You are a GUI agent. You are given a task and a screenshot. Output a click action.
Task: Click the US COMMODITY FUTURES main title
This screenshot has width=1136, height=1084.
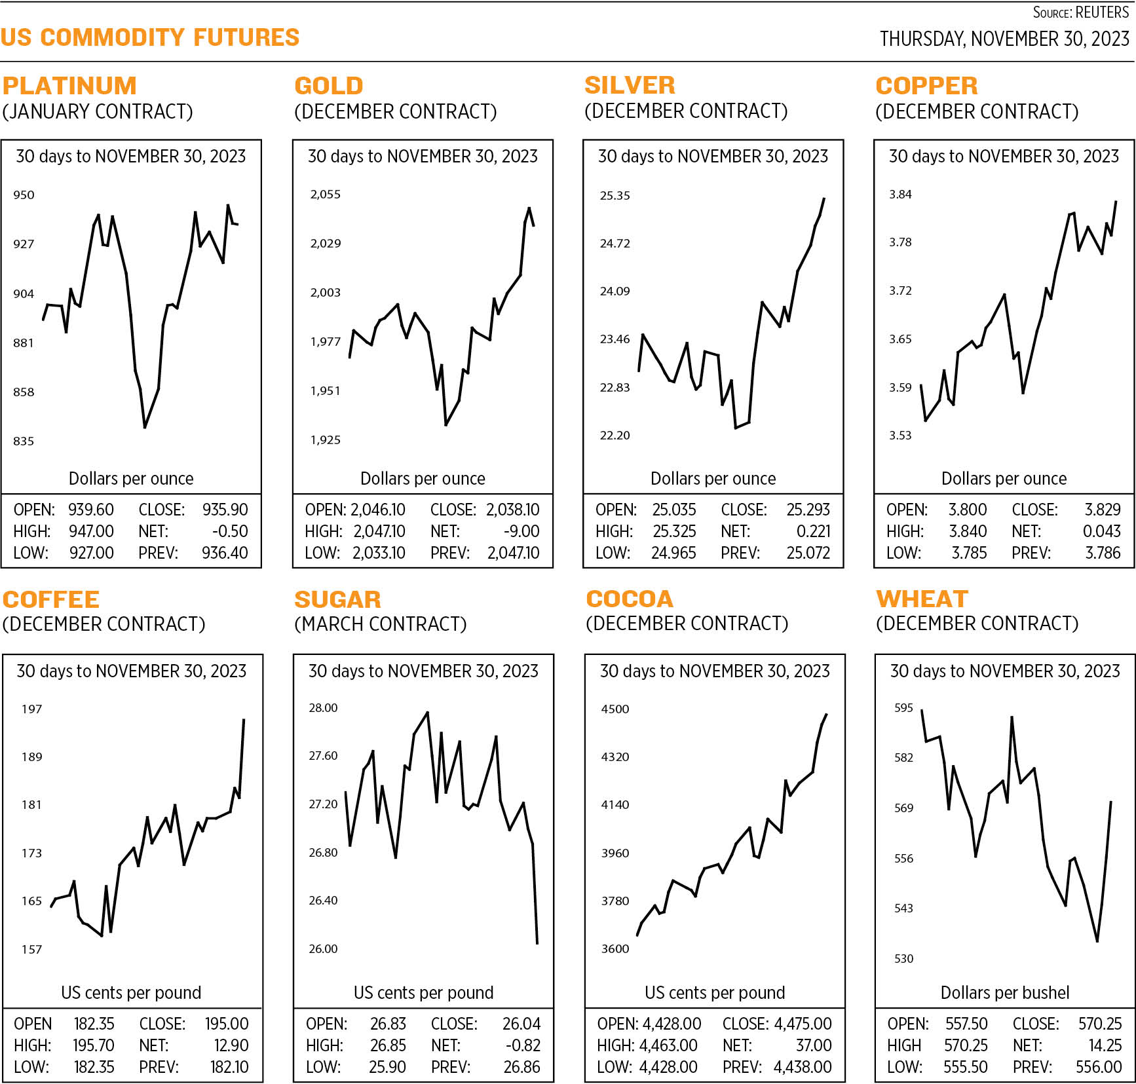pos(150,37)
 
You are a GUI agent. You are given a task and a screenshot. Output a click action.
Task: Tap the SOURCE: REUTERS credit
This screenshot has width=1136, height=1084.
pos(1080,12)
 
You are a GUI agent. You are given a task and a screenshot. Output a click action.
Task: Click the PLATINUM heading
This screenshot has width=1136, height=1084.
pos(69,86)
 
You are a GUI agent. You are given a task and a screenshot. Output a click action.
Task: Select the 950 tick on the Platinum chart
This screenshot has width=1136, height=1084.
pos(24,195)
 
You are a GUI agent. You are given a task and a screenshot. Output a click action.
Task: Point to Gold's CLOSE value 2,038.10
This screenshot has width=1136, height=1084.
pos(512,510)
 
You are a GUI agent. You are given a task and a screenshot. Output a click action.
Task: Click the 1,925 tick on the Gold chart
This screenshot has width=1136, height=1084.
pos(325,439)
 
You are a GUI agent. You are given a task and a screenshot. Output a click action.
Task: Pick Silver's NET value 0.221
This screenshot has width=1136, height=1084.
pos(813,531)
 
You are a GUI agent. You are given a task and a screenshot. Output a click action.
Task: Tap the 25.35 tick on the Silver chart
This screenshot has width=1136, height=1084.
pos(615,195)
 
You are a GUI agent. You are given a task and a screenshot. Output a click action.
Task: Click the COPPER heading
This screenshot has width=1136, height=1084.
pos(926,86)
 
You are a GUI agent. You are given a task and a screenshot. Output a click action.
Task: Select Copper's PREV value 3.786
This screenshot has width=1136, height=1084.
pos(1103,553)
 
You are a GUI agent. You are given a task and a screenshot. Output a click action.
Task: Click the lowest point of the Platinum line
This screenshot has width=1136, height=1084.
pos(145,427)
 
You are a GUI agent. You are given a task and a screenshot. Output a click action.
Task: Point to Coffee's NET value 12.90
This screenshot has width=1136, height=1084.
pos(231,1045)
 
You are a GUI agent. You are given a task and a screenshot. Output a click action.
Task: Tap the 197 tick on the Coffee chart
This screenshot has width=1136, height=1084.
pos(31,709)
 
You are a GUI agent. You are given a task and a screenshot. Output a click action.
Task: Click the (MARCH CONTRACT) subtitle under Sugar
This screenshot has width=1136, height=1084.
pos(380,624)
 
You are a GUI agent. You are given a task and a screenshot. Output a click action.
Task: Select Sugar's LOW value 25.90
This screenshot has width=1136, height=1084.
pos(387,1067)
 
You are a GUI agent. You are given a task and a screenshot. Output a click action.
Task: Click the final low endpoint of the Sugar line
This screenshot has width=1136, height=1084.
pos(537,943)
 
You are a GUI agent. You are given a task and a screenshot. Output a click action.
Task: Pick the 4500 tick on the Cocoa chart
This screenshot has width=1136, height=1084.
pos(615,709)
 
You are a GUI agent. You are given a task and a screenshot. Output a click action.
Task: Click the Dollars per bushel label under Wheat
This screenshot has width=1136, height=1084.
pos(1004,992)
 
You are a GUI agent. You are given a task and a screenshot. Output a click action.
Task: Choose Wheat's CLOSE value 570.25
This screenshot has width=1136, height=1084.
pos(1100,1024)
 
